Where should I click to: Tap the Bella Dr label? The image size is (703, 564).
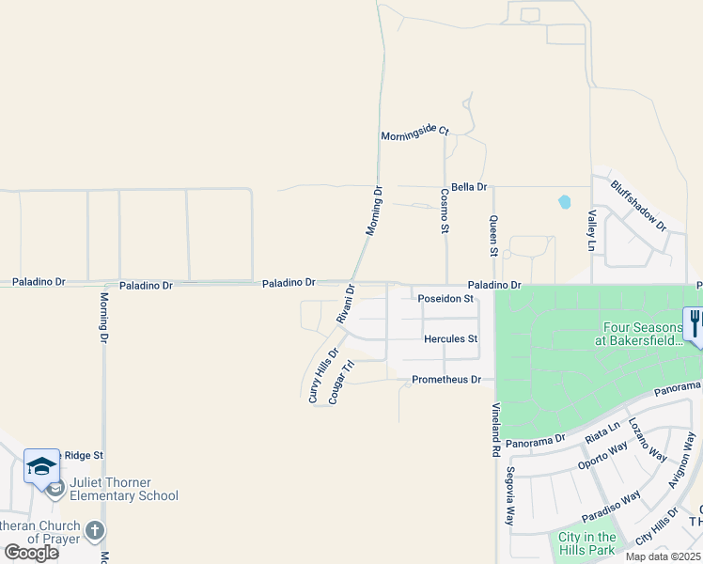tap(469, 187)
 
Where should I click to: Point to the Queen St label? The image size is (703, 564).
tap(492, 236)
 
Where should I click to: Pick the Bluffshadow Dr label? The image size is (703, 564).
tap(638, 206)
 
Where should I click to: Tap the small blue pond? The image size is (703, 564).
tap(565, 201)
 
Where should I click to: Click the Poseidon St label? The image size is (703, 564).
tap(445, 299)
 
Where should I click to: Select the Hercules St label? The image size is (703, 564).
tap(451, 338)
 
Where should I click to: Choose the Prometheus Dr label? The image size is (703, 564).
tap(446, 380)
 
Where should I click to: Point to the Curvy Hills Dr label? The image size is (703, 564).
tap(322, 375)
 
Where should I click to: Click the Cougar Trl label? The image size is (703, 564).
tap(340, 383)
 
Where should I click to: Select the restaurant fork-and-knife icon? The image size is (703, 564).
tap(695, 324)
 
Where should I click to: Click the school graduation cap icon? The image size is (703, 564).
tap(41, 465)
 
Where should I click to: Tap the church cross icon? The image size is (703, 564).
tap(94, 531)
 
